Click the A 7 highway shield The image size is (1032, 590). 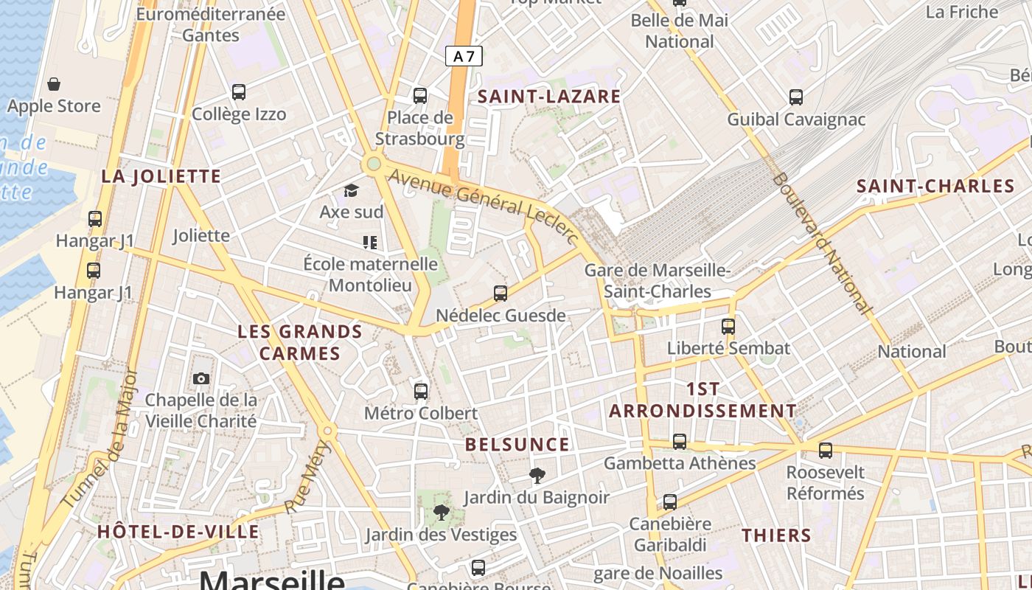pos(464,56)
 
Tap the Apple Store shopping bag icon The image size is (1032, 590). pos(54,84)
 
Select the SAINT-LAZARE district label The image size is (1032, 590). pos(549,96)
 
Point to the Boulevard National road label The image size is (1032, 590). pos(823,243)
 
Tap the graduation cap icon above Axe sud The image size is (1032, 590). pos(351,190)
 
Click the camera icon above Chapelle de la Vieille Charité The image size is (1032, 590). pos(201,378)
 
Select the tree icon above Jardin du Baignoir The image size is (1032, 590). pos(537,476)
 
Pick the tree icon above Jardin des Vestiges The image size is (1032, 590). pos(441,512)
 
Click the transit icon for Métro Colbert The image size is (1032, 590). pos(421,391)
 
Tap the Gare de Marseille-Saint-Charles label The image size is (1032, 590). pos(658,281)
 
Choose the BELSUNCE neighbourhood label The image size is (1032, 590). pos(517,445)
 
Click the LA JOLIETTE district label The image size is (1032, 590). pos(161,176)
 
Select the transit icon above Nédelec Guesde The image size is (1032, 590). pos(501,294)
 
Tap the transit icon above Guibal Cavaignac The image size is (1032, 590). pos(796,97)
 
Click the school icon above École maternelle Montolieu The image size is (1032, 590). pos(370,242)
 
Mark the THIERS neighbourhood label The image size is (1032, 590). pos(776,535)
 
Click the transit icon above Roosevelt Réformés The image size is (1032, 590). pos(826,450)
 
